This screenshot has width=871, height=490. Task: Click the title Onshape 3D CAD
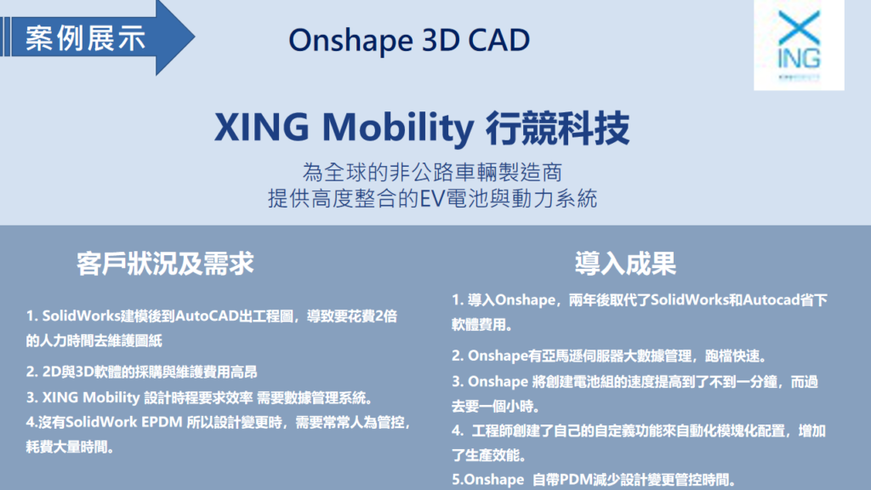(x=409, y=41)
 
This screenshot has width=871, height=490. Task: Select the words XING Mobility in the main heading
(x=344, y=128)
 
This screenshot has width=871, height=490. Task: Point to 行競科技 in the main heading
(x=557, y=128)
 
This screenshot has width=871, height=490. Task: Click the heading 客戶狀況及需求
(x=165, y=264)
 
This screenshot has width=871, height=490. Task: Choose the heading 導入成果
(x=625, y=264)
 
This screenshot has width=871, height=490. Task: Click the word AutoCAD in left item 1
(x=208, y=316)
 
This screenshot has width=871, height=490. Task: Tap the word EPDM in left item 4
(x=162, y=422)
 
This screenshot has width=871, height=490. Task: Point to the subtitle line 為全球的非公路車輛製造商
(x=432, y=172)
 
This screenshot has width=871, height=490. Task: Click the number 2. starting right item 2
(x=458, y=356)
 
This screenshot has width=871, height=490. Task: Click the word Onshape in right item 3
(x=498, y=382)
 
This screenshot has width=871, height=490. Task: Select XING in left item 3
(x=60, y=397)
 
